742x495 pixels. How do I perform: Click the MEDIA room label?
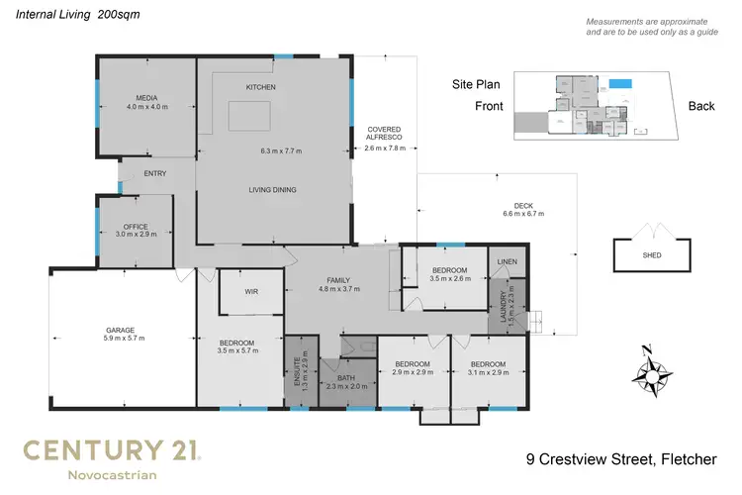147,97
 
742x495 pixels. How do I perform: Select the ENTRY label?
155,174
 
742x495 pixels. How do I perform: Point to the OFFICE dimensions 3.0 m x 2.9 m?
135,234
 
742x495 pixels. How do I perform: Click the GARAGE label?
121,330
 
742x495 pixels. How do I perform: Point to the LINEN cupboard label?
507,261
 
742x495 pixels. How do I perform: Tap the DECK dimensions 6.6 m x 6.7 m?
523,213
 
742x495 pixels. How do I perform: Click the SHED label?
652,255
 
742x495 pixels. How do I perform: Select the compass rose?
649,375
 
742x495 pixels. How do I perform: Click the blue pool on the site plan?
620,84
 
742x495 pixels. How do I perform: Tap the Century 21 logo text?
112,451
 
